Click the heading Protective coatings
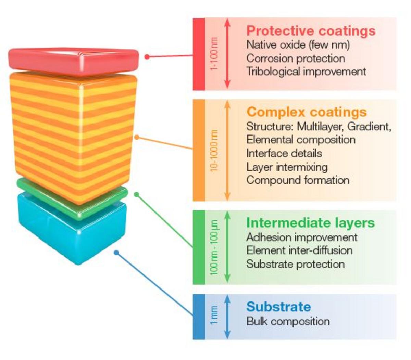point(311,31)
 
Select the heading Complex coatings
point(306,112)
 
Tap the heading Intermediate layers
point(310,223)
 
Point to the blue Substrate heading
point(278,307)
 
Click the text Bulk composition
point(288,321)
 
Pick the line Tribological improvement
point(306,72)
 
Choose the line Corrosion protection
point(295,58)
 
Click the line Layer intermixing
point(287,167)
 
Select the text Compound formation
point(298,180)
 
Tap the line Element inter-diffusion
point(299,250)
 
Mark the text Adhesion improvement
point(302,237)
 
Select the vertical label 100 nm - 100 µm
point(214,247)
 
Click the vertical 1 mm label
point(214,316)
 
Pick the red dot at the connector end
point(147,57)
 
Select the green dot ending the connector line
point(136,194)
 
